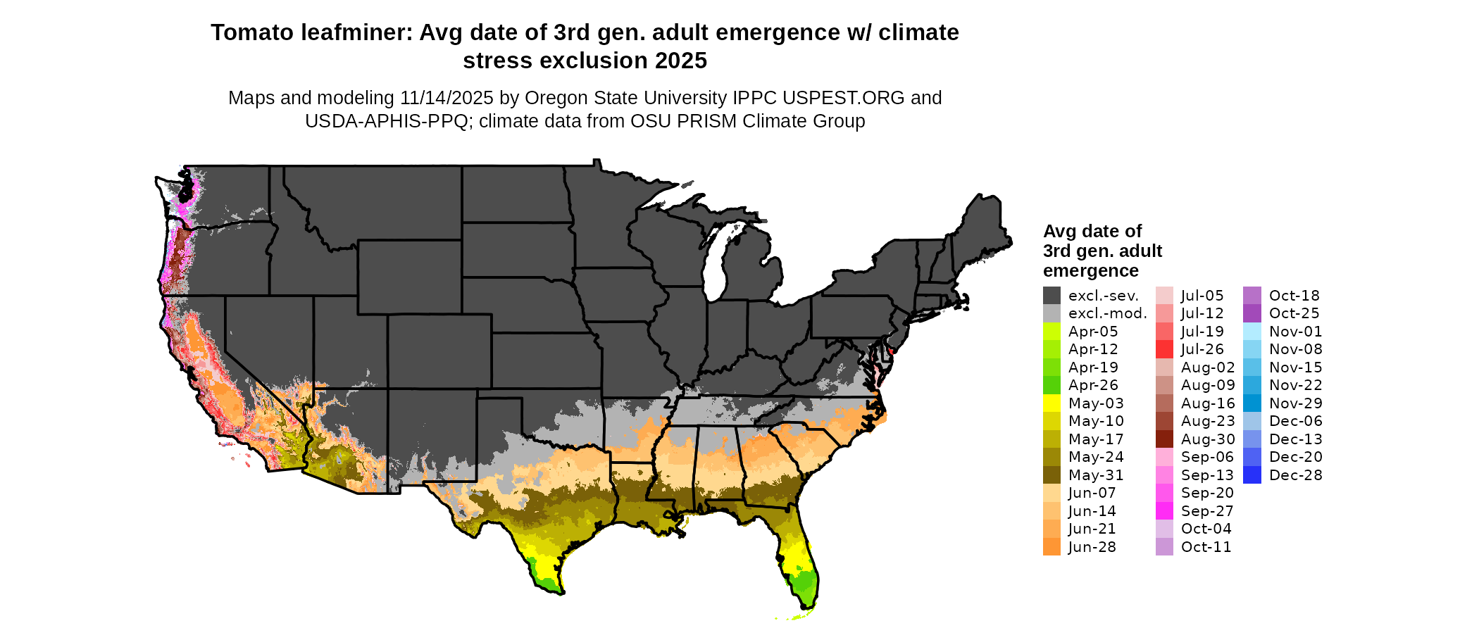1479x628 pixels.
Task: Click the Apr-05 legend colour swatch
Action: pyautogui.click(x=1051, y=332)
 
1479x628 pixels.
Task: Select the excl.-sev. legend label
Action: pyautogui.click(x=1103, y=296)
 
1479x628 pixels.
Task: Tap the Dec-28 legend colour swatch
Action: pyautogui.click(x=1252, y=475)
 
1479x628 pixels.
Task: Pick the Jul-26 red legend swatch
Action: pyautogui.click(x=1164, y=349)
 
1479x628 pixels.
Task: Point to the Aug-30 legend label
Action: pyautogui.click(x=1208, y=439)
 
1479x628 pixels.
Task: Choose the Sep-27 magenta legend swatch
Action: pyautogui.click(x=1164, y=511)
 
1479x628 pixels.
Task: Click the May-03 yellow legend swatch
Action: pyautogui.click(x=1051, y=403)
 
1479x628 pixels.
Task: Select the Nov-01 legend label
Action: pyautogui.click(x=1295, y=332)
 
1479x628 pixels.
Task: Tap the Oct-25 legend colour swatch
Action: pyautogui.click(x=1252, y=313)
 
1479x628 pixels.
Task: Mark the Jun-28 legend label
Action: pyautogui.click(x=1092, y=547)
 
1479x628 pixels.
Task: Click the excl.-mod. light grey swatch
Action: pyautogui.click(x=1051, y=313)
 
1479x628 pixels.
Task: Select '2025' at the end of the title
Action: pyautogui.click(x=680, y=61)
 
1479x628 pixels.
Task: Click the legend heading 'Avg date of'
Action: pyautogui.click(x=1092, y=231)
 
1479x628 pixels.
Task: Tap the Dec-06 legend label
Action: pyautogui.click(x=1295, y=421)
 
